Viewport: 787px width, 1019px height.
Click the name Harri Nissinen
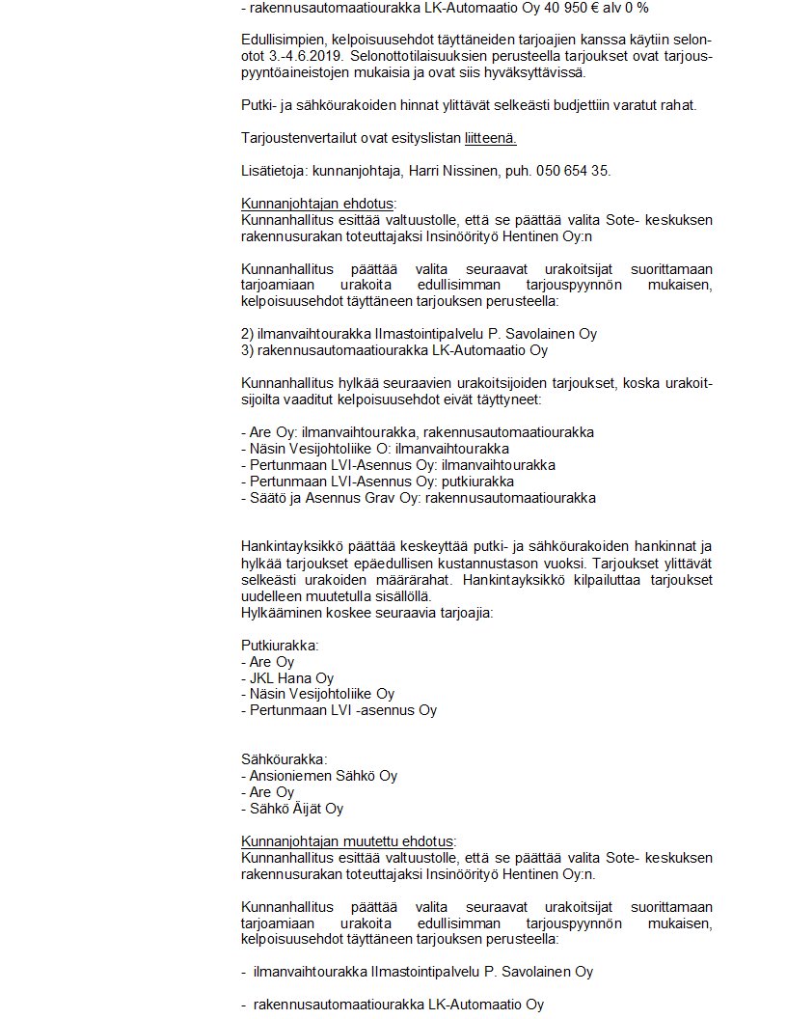(450, 171)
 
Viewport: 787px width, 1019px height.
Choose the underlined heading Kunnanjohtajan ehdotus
(317, 204)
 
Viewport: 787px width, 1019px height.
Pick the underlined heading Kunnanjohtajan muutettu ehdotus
(347, 840)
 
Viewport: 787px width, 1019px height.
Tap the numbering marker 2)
(247, 334)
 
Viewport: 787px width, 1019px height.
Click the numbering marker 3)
(247, 350)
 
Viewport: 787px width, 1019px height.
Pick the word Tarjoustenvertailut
(299, 138)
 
